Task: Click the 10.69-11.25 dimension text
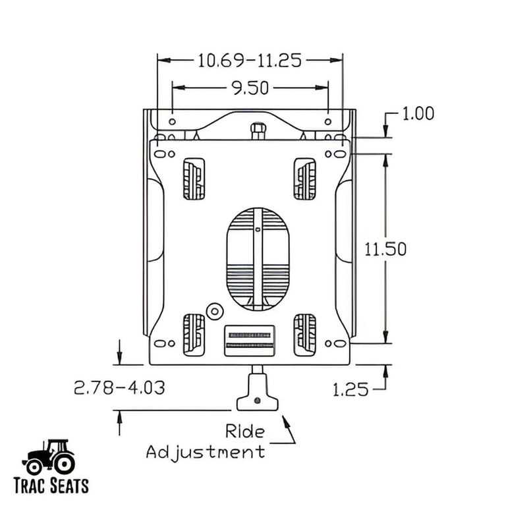point(250,61)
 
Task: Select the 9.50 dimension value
point(250,88)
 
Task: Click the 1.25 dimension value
point(350,389)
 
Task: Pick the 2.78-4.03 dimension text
point(119,387)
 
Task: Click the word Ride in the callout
point(244,432)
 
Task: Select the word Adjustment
point(206,452)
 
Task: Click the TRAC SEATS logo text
point(50,486)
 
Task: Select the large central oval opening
point(258,259)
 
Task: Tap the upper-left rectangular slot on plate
point(193,179)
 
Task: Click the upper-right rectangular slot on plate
point(304,179)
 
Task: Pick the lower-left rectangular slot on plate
point(193,333)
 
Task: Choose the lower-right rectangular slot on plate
point(304,333)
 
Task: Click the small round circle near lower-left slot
point(213,310)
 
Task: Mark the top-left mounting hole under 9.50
point(172,121)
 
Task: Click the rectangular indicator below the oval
point(249,340)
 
